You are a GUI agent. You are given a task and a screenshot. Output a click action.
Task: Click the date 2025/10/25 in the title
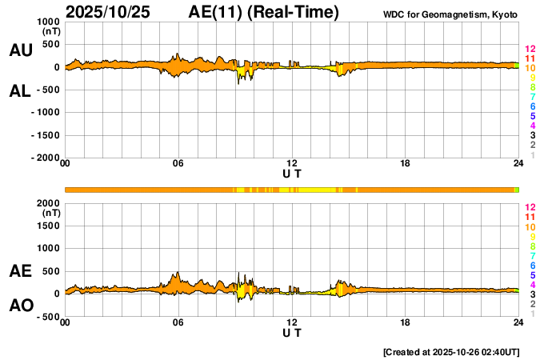click(106, 12)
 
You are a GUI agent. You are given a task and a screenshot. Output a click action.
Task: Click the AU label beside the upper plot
click(20, 50)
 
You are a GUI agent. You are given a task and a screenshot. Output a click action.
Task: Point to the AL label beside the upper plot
click(20, 90)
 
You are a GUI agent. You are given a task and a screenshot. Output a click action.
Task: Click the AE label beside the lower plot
click(20, 271)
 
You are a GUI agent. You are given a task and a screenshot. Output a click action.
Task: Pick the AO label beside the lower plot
click(20, 306)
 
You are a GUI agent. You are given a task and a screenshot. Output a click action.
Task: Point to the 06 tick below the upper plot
click(178, 164)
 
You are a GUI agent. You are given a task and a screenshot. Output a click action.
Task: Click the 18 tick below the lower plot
click(405, 322)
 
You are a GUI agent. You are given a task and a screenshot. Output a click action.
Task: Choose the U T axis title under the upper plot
click(292, 173)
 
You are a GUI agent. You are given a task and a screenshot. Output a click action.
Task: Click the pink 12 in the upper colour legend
click(530, 49)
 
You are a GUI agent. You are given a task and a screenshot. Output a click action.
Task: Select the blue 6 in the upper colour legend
click(532, 106)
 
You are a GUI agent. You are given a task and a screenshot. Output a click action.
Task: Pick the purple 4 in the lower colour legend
click(532, 284)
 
